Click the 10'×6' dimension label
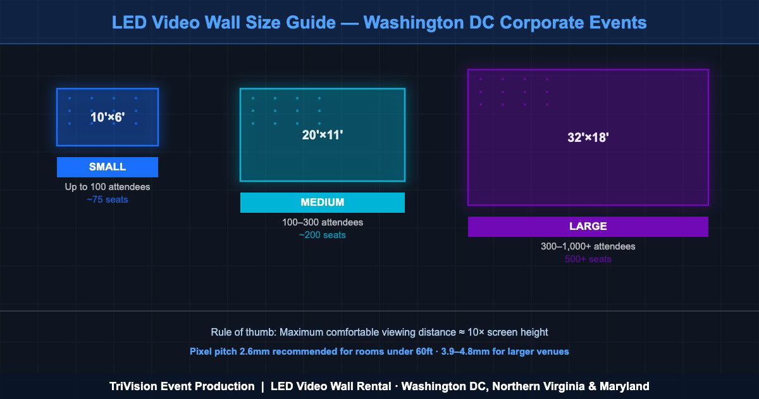tap(108, 117)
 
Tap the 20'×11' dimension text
tap(323, 134)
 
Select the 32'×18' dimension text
tap(588, 137)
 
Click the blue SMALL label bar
tap(108, 167)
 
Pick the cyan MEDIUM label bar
tap(323, 203)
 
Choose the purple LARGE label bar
tap(588, 227)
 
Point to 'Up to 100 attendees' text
tap(108, 187)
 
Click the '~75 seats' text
tap(108, 199)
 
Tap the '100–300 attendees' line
tap(323, 223)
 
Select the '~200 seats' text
tap(323, 235)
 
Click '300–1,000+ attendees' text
tap(588, 246)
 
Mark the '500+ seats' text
tap(588, 259)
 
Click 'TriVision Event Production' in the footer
tap(182, 386)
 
